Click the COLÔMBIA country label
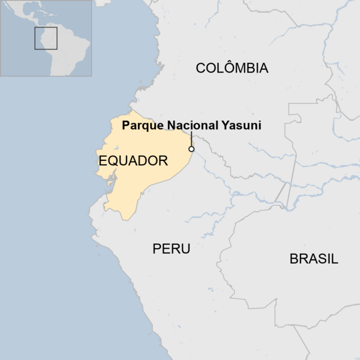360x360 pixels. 232,68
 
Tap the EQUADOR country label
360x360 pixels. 133,161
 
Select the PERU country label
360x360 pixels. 172,249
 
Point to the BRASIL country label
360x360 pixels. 314,259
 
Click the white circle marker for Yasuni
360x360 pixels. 191,149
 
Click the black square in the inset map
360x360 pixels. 46,38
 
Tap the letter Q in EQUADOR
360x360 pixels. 112,161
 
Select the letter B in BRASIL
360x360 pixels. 294,259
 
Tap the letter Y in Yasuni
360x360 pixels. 224,125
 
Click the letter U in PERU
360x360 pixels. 186,249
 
